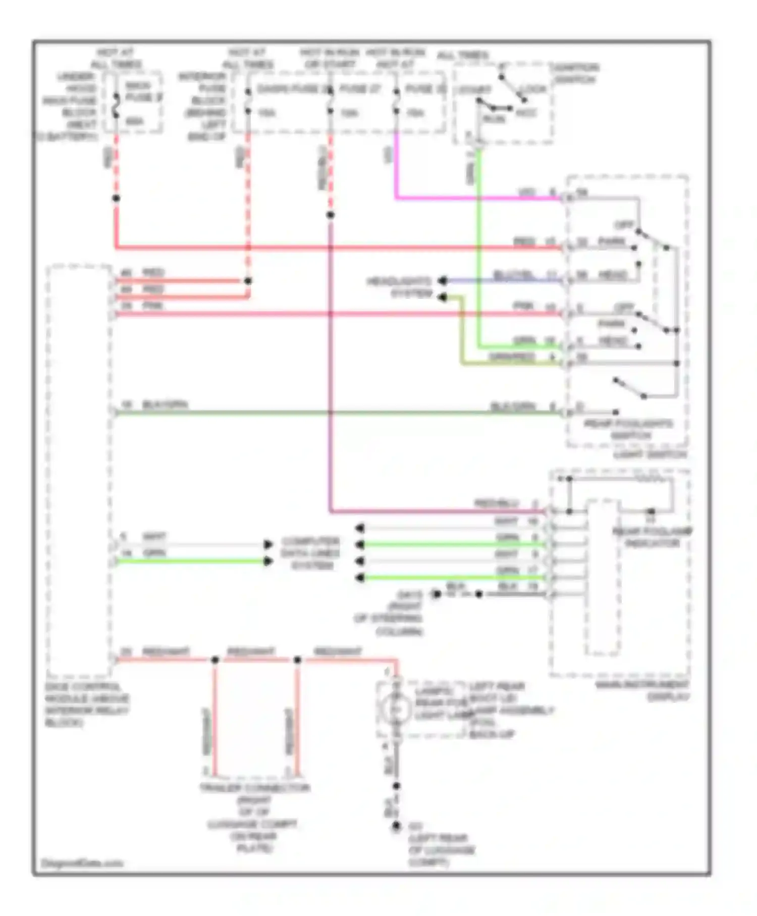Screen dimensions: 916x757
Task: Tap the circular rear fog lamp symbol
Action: point(397,709)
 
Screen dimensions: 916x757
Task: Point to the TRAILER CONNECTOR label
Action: point(255,788)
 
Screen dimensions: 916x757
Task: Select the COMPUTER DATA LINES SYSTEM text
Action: point(310,553)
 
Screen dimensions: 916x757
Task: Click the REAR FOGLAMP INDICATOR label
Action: point(652,537)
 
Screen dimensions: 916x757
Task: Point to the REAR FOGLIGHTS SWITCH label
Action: point(629,429)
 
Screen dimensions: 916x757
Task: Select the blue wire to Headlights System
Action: point(505,280)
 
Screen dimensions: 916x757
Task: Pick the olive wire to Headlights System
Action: point(505,363)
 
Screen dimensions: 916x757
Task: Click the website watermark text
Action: point(82,863)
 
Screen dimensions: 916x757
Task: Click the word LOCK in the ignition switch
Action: point(533,89)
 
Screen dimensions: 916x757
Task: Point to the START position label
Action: point(474,90)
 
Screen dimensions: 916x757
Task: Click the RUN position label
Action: point(494,119)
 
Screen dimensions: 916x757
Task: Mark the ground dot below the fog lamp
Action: point(397,826)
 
